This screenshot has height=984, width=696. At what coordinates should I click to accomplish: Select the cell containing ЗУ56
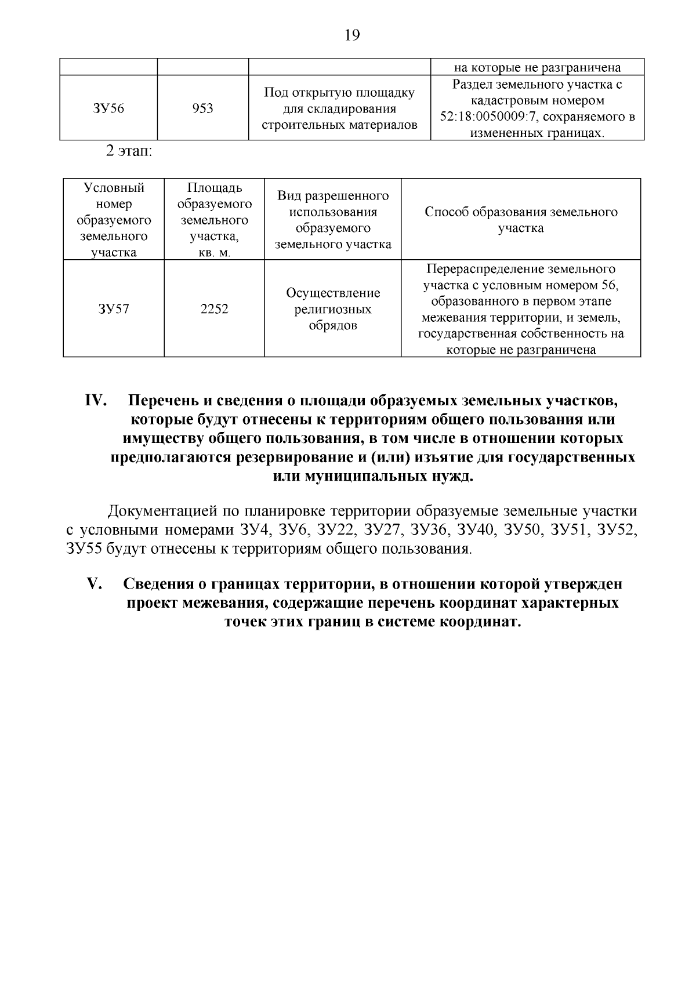tap(108, 108)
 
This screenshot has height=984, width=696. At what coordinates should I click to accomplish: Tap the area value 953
tap(202, 108)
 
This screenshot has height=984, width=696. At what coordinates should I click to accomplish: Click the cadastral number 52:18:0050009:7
tap(500, 117)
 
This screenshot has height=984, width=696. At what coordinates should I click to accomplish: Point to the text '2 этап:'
tap(128, 153)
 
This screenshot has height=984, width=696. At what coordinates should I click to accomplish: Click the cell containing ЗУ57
tap(114, 309)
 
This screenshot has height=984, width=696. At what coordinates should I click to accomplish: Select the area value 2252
tap(214, 309)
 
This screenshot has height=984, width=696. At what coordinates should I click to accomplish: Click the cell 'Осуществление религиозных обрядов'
tap(332, 309)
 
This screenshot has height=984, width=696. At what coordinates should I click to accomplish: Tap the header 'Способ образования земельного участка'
tap(521, 220)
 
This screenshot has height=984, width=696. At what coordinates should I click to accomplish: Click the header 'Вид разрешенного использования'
tap(332, 204)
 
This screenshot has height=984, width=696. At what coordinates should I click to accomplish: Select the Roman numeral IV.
tap(94, 401)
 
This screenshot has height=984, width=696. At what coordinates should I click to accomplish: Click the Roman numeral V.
tap(94, 584)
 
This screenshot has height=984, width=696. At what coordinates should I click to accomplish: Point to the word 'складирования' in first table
tap(340, 109)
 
